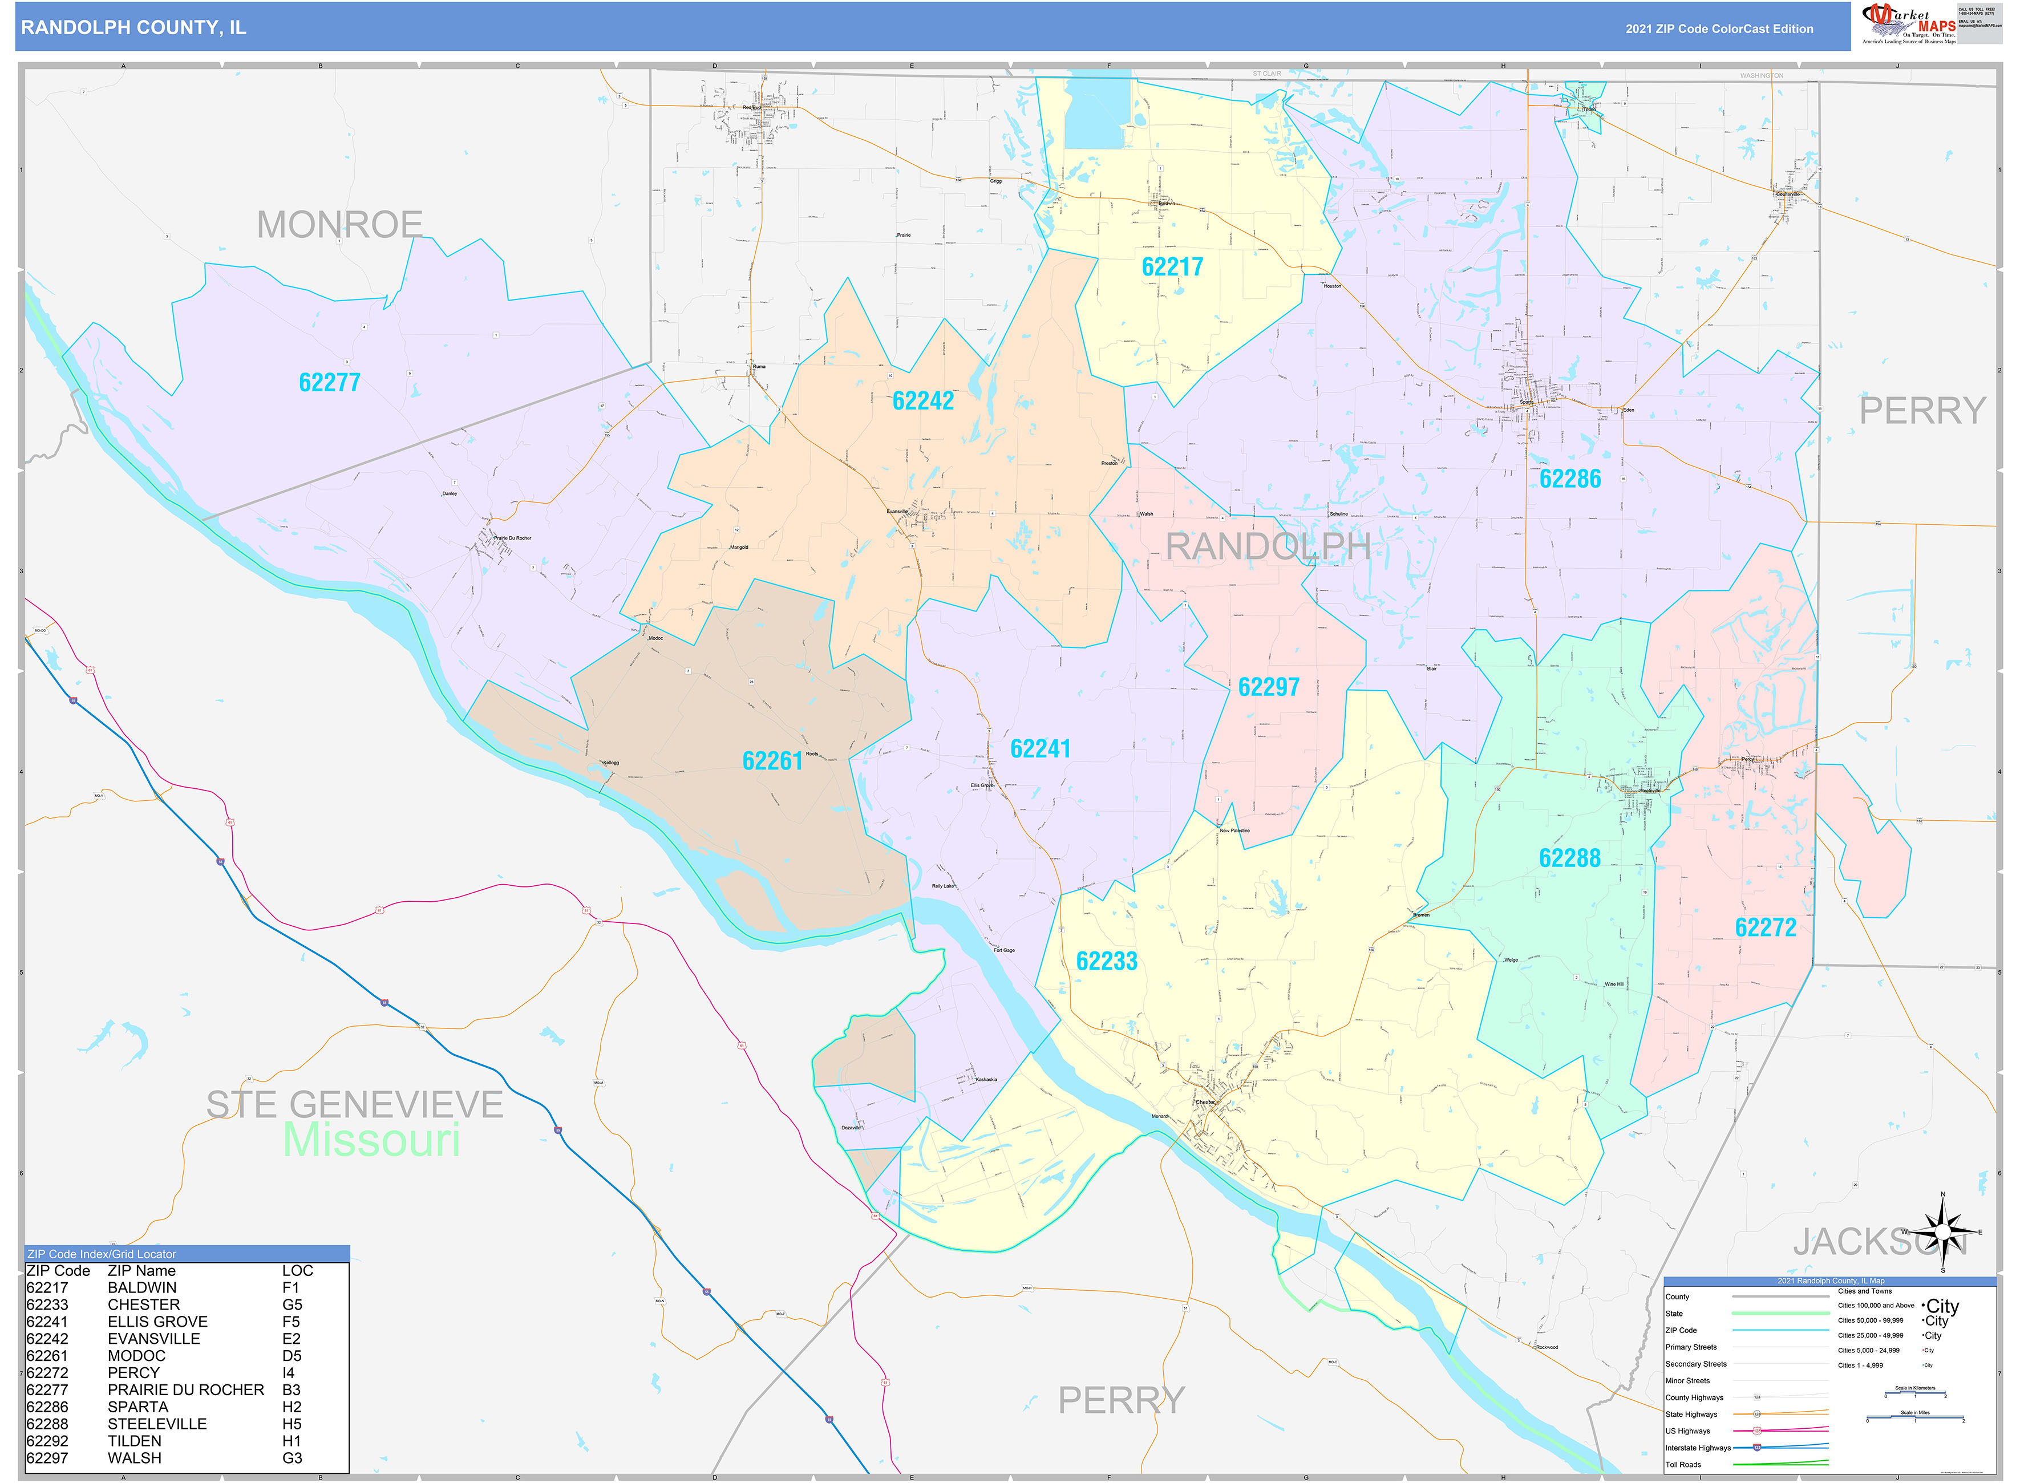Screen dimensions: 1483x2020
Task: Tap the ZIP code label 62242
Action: point(923,402)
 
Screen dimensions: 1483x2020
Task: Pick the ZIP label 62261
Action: point(772,761)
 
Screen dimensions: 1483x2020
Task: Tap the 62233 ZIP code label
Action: point(1106,962)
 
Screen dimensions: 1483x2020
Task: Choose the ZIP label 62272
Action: point(1765,928)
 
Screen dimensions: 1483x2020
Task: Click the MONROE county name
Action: point(339,225)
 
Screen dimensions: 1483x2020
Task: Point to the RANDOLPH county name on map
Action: point(1268,546)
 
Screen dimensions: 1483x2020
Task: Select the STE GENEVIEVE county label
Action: point(355,1105)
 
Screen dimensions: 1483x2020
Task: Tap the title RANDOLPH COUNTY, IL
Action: point(133,28)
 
